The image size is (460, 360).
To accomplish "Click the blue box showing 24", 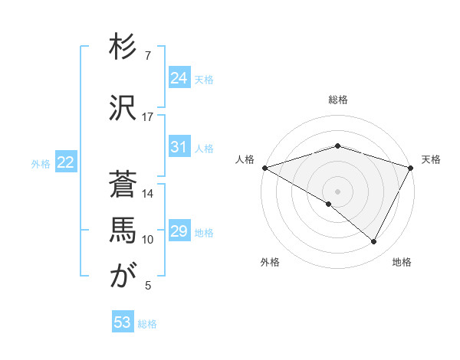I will tap(179, 78).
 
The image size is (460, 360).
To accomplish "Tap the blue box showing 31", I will tap(179, 147).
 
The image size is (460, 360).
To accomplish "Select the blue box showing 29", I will tap(179, 231).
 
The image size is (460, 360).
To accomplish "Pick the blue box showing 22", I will tap(66, 162).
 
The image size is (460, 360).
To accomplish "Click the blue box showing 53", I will tap(123, 323).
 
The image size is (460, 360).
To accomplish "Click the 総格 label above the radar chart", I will tap(338, 100).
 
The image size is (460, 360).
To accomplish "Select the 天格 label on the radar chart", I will tap(431, 159).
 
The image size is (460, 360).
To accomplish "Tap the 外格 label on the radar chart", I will tap(270, 262).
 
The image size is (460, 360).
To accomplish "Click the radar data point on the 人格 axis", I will tap(264, 168).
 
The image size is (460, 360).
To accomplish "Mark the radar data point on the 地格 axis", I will tap(374, 242).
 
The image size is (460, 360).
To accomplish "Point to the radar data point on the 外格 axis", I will tap(329, 204).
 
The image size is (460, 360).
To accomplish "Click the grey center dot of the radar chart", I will tap(337, 191).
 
